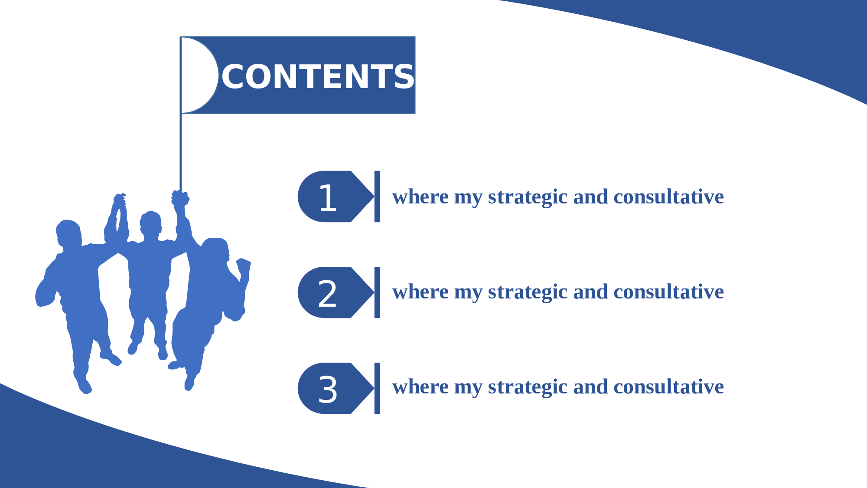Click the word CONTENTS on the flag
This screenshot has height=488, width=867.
[x=318, y=76]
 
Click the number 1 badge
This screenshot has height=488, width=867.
[x=336, y=197]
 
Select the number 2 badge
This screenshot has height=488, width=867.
[x=336, y=292]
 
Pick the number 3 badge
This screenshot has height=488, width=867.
[x=336, y=388]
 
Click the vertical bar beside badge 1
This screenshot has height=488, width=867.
[x=377, y=197]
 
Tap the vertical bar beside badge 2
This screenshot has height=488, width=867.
[x=377, y=292]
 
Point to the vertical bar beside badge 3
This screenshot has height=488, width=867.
[x=377, y=388]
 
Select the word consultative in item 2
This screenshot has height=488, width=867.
[x=668, y=292]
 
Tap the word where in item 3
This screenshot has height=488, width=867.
[x=420, y=386]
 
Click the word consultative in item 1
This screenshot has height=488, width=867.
[x=668, y=197]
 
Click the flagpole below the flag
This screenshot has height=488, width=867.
[x=181, y=152]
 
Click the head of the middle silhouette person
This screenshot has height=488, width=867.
[x=150, y=225]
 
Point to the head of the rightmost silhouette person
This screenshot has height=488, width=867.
[x=216, y=249]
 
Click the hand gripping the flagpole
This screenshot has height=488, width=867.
[x=180, y=198]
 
